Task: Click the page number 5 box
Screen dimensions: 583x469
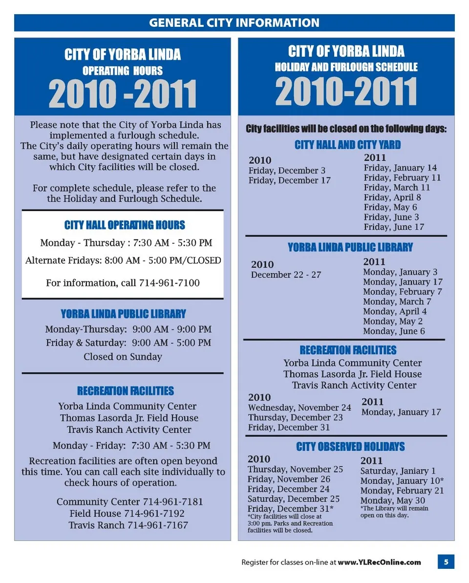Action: [446, 562]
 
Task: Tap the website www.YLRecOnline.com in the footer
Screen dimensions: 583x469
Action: [379, 562]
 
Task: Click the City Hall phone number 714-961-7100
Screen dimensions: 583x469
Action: [169, 283]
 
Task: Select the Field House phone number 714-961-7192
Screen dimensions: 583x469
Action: [154, 514]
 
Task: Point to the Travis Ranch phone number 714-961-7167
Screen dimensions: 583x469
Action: [158, 525]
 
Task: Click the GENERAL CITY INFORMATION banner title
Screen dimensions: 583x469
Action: [234, 23]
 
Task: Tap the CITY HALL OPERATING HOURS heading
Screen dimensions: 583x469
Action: [125, 225]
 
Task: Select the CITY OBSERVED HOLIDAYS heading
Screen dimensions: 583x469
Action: [350, 447]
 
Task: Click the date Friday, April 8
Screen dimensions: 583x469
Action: [392, 197]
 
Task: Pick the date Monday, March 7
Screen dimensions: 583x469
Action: [397, 302]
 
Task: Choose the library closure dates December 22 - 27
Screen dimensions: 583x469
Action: [286, 275]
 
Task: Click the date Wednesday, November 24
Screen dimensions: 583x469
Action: [299, 408]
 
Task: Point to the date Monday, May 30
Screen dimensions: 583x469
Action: [393, 500]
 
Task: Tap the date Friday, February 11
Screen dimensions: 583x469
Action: [402, 178]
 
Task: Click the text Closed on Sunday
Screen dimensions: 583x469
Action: [123, 357]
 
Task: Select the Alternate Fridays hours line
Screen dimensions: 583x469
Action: [123, 260]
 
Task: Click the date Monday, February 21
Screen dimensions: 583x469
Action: [402, 491]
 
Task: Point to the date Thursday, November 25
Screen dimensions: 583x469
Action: [295, 470]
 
